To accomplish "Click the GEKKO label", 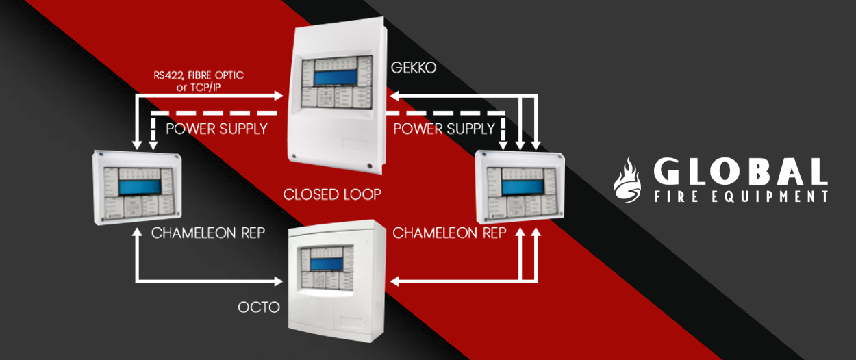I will (413, 68).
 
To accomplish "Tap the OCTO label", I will (259, 307).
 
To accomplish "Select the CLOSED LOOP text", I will (332, 194).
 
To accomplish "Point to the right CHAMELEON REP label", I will (449, 233).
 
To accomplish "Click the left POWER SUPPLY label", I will (216, 129).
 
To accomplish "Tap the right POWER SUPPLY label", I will (444, 129).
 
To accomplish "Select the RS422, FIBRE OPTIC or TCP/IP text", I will (199, 80).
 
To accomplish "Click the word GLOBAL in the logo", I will (740, 172).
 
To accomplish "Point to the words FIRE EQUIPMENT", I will (740, 196).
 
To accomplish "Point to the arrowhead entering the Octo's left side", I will (278, 281).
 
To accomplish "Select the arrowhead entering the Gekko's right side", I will (395, 96).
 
